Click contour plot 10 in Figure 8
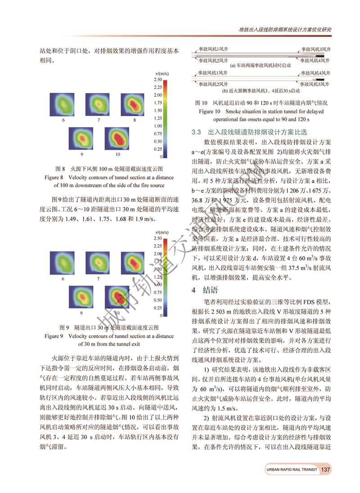point(116,140)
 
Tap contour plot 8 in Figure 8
point(134,105)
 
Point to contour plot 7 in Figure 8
point(99,105)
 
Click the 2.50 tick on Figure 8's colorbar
point(157,80)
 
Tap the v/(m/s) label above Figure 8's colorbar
point(162,73)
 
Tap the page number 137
point(326,470)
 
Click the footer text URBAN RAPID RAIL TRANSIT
point(291,470)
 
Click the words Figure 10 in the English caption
point(210,111)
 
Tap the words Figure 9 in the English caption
point(54,336)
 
